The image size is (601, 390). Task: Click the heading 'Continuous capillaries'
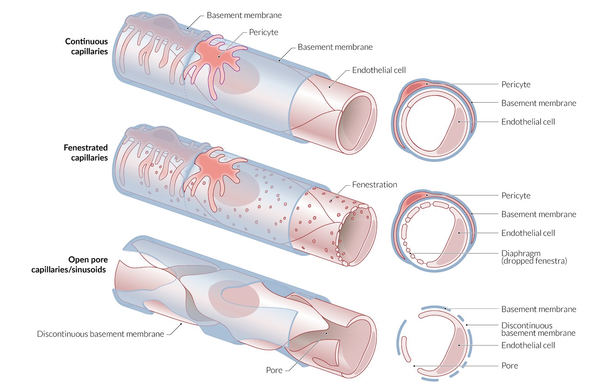click(86, 46)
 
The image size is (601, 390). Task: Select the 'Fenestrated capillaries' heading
click(86, 152)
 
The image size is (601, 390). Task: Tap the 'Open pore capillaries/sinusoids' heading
click(69, 264)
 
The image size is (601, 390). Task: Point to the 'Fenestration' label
click(374, 185)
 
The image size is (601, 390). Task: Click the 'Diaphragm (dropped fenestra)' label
click(534, 257)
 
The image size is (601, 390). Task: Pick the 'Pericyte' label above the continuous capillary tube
click(264, 32)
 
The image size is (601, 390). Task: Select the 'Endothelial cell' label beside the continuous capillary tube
click(379, 70)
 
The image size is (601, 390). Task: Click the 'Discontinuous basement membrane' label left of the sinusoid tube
click(100, 334)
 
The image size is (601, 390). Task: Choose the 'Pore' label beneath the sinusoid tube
click(274, 370)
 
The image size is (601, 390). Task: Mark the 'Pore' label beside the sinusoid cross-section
click(509, 366)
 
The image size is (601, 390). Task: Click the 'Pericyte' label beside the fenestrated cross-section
click(516, 196)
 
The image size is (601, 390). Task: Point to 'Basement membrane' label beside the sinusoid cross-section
click(539, 309)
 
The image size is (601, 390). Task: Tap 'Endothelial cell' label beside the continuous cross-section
click(528, 122)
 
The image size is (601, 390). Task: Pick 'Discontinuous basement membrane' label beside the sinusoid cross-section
click(538, 329)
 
